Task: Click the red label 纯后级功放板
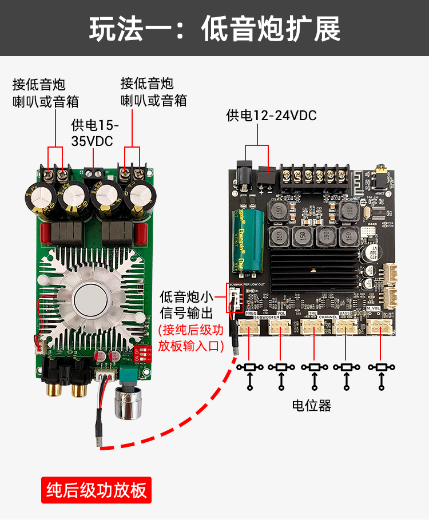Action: point(96,490)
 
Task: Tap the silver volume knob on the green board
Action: point(128,401)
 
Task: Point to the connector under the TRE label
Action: point(313,326)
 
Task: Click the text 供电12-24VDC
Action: point(271,116)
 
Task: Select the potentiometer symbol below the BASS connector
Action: point(346,367)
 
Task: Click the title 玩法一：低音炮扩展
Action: point(214,28)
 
